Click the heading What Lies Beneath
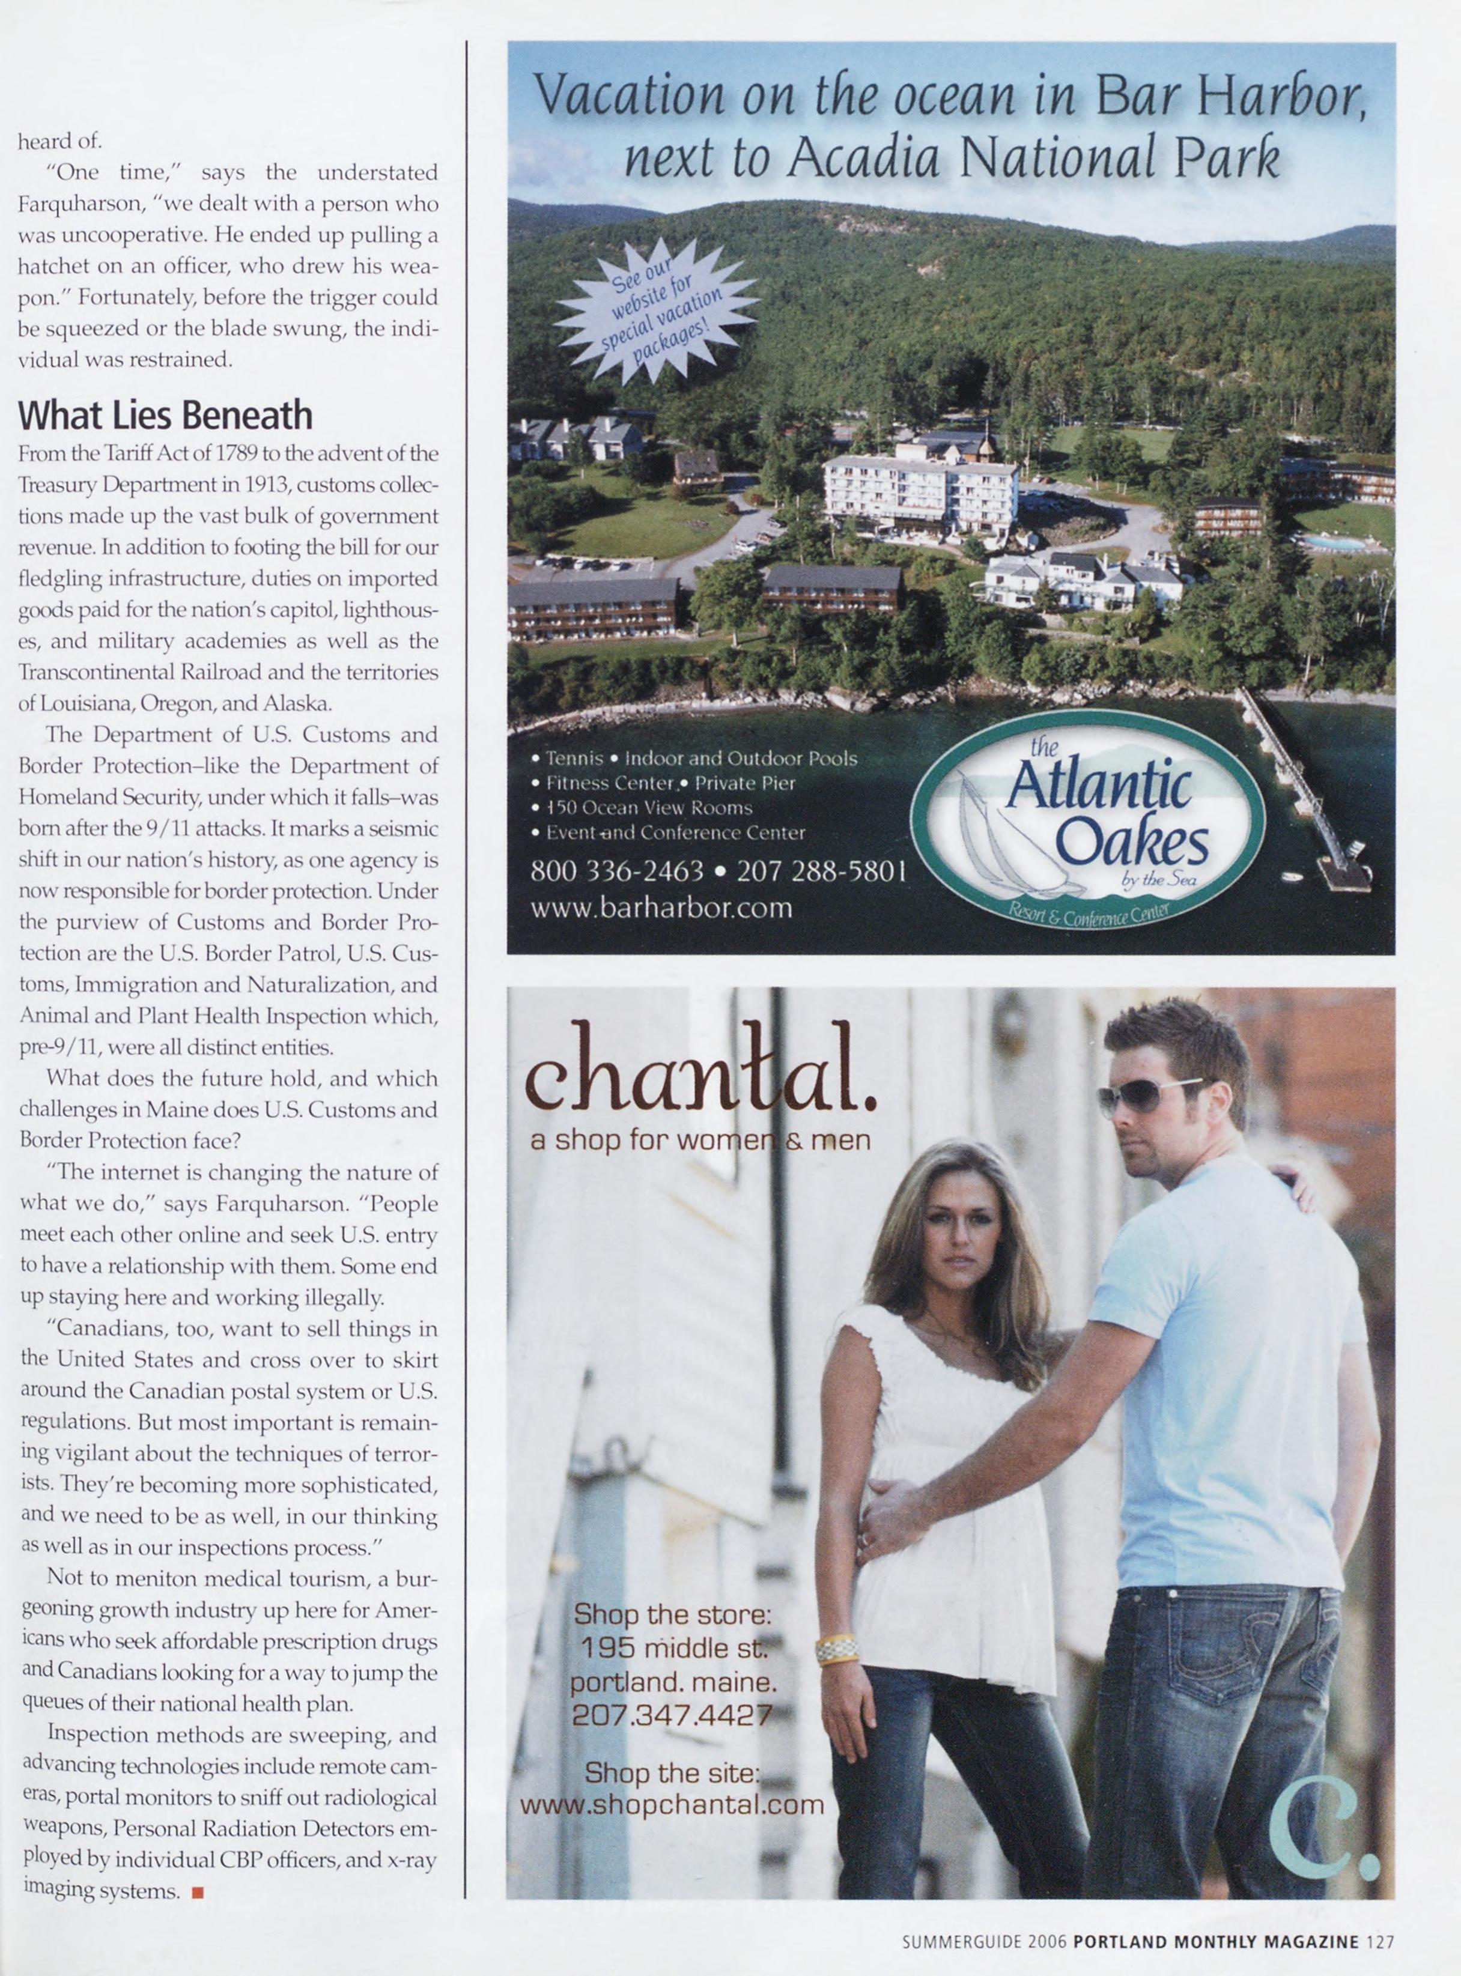coord(165,414)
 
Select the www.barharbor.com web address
coord(661,908)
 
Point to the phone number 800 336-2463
coord(616,871)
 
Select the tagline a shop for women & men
coord(700,1141)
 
